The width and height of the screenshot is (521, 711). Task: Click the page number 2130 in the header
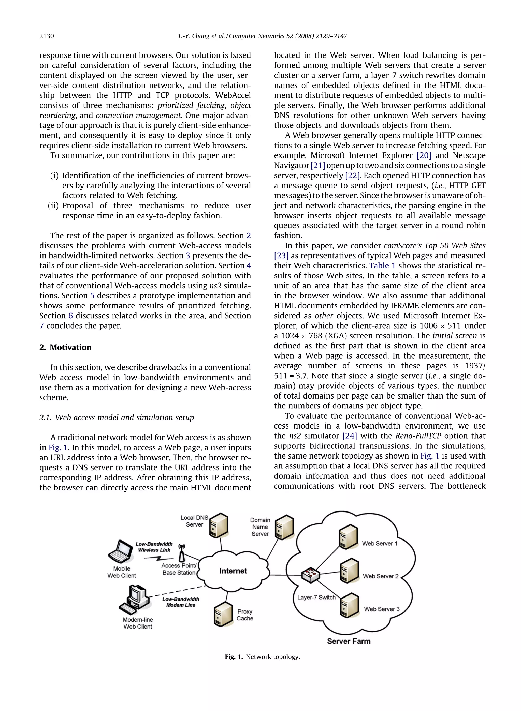[47, 36]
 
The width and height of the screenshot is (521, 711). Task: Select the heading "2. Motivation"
[65, 347]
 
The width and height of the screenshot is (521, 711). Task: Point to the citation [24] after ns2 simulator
[350, 436]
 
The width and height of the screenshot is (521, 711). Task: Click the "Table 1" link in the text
[382, 266]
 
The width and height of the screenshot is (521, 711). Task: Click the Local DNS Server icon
[219, 525]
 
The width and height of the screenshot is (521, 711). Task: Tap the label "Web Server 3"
[382, 609]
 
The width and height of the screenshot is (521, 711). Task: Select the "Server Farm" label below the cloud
[349, 641]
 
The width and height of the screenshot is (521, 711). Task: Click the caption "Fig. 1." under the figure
[234, 657]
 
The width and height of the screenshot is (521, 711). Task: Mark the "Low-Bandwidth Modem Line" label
[181, 602]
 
